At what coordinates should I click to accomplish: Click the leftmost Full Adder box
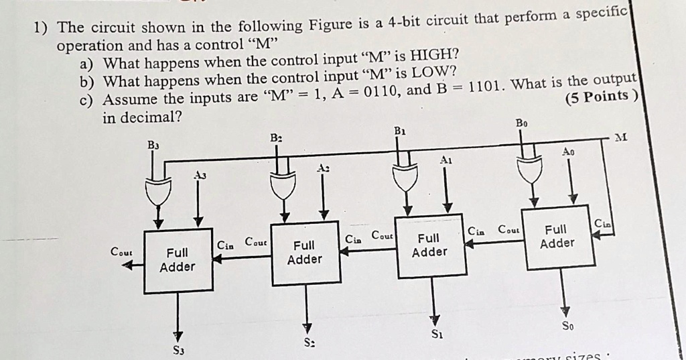pos(178,260)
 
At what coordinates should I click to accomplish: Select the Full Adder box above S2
pos(305,253)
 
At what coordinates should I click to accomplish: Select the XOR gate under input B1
pos(405,177)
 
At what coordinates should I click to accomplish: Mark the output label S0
pos(567,326)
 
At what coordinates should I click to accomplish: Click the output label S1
pos(436,333)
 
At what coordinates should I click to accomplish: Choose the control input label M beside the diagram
pos(622,137)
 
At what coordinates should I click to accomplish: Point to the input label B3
pos(153,144)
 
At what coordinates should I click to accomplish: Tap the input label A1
pos(446,160)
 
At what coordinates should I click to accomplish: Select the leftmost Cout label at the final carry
pos(121,252)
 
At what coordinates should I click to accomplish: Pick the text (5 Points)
pos(600,97)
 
